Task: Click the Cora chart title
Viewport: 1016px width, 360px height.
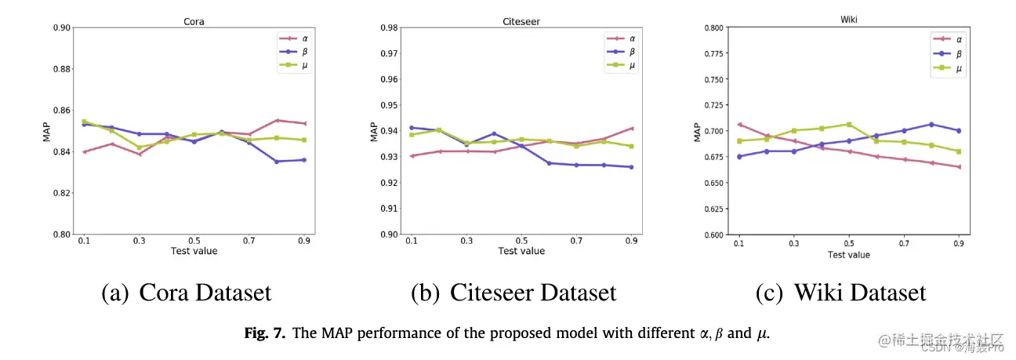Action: [194, 22]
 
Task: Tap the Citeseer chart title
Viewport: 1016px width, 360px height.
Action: [521, 22]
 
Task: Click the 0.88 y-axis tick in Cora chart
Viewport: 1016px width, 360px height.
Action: [60, 69]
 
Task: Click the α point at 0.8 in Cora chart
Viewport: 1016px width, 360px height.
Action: [278, 120]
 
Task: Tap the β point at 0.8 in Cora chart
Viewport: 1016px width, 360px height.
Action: [278, 162]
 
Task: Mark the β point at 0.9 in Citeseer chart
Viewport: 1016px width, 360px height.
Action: [631, 167]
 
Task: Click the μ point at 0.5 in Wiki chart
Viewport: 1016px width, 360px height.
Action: [848, 124]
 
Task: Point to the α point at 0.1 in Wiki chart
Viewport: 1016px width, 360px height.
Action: [738, 124]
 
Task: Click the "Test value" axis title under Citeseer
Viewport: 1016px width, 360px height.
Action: [521, 251]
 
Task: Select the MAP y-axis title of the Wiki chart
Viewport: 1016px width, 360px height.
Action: [697, 131]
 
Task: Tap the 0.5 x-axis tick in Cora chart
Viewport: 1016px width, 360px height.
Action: [194, 241]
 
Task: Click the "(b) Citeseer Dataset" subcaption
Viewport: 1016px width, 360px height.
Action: [513, 293]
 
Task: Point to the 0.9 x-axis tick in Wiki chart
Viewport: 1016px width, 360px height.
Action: [958, 245]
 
